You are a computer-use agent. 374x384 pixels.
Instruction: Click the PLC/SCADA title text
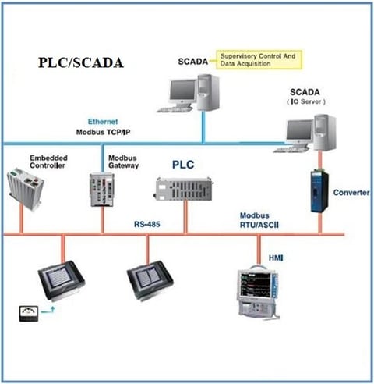(x=81, y=62)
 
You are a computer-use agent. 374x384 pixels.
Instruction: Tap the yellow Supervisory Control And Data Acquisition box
(x=259, y=60)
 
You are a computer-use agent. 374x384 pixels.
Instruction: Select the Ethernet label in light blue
(x=103, y=122)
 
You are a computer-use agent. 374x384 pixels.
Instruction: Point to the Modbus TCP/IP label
(x=103, y=132)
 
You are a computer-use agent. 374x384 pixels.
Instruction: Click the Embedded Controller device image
(x=25, y=188)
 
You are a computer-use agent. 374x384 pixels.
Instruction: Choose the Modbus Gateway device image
(x=102, y=190)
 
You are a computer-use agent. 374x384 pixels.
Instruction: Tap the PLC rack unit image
(x=183, y=189)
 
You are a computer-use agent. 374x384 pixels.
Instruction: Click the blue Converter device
(x=319, y=191)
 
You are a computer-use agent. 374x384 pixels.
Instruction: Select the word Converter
(x=351, y=193)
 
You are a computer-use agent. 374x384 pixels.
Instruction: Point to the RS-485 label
(x=147, y=224)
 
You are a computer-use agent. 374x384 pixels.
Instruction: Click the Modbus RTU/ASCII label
(x=259, y=220)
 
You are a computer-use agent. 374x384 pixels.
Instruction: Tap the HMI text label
(x=276, y=258)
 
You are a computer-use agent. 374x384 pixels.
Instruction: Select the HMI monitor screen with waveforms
(x=256, y=285)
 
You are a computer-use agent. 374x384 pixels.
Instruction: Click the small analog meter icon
(x=29, y=314)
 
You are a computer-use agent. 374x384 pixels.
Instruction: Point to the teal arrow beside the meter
(x=48, y=310)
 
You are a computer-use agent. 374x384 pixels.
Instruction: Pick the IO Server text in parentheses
(x=306, y=101)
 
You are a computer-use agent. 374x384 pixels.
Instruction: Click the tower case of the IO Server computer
(x=325, y=133)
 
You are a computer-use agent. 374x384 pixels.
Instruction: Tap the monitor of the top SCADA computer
(x=182, y=92)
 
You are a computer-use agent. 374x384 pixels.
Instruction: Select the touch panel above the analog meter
(x=62, y=280)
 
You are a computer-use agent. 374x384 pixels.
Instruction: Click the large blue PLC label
(x=183, y=165)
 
